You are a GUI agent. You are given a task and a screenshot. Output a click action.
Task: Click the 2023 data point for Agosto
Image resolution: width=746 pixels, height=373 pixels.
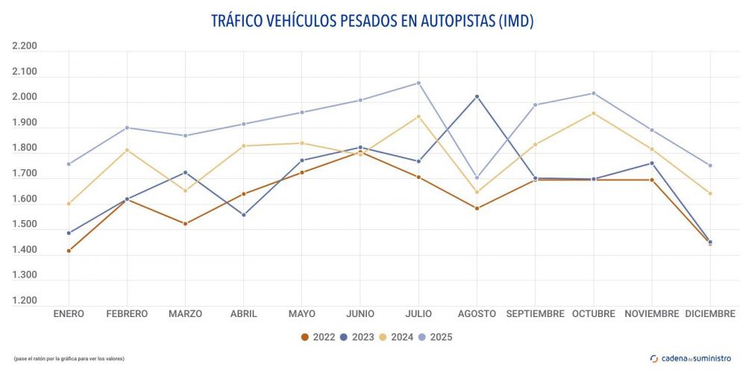(x=477, y=97)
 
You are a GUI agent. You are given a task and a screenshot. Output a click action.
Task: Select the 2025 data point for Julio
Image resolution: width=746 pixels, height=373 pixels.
(x=419, y=83)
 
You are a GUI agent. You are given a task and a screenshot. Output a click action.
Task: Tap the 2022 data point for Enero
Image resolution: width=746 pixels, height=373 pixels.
(x=69, y=251)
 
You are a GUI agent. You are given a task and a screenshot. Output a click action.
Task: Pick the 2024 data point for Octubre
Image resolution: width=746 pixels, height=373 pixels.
(x=594, y=113)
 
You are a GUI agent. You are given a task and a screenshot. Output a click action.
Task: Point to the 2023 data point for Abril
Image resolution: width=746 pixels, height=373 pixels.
(x=243, y=215)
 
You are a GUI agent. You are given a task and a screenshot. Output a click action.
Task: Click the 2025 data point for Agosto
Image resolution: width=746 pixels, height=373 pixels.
(x=477, y=178)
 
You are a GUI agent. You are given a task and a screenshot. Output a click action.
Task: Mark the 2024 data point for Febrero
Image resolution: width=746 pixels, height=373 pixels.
(x=127, y=150)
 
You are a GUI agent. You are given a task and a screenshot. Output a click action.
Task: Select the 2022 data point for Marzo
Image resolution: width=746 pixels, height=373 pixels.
(x=185, y=224)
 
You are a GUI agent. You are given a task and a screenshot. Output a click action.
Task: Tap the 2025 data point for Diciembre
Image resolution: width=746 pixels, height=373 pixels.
(x=710, y=166)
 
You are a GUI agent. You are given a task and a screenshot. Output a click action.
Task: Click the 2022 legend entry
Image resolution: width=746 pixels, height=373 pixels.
(x=317, y=337)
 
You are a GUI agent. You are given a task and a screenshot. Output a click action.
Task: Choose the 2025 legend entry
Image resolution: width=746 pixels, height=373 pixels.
(x=435, y=337)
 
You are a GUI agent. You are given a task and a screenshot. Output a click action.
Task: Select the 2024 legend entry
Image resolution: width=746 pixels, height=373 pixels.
(x=395, y=337)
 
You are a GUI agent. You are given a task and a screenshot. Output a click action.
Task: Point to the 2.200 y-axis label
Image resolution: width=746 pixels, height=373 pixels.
(x=25, y=46)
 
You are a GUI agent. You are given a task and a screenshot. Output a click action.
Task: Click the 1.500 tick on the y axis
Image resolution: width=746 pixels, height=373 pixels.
(x=25, y=225)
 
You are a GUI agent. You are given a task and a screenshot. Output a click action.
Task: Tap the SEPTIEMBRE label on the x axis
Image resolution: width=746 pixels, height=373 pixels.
(x=535, y=314)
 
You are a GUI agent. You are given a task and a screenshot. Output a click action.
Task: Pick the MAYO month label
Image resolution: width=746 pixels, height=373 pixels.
(x=301, y=314)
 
